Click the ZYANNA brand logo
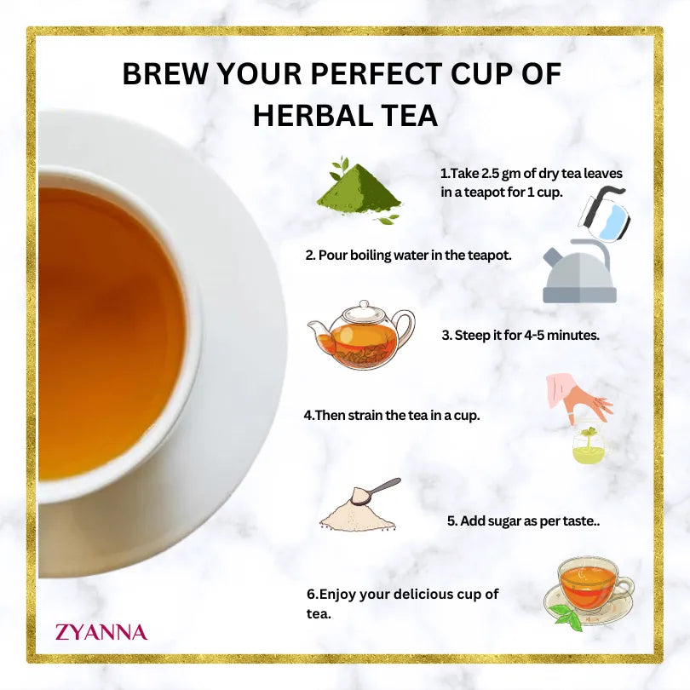click(101, 632)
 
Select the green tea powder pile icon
click(358, 193)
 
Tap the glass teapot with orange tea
click(361, 335)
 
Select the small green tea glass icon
click(587, 446)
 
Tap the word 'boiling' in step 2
click(376, 255)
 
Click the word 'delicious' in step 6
click(411, 594)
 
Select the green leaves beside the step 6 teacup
click(565, 616)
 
